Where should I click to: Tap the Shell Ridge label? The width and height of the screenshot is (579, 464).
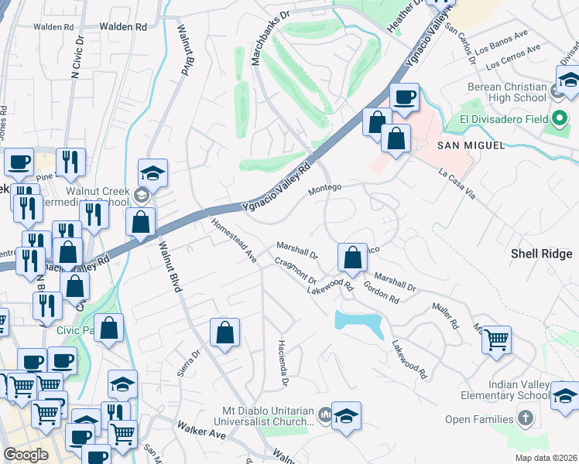tap(544, 253)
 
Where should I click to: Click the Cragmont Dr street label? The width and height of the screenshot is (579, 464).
tap(296, 271)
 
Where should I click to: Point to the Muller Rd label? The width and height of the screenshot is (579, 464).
tap(446, 316)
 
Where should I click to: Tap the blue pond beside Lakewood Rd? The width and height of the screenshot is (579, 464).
tap(361, 322)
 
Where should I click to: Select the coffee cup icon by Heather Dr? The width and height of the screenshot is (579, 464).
tap(403, 97)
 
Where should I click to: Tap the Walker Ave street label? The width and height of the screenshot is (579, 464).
tap(200, 430)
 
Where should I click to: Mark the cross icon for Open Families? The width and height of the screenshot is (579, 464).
tap(526, 420)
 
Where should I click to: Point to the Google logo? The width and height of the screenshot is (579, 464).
tap(26, 455)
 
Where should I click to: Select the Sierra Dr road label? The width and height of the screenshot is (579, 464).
tap(189, 362)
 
